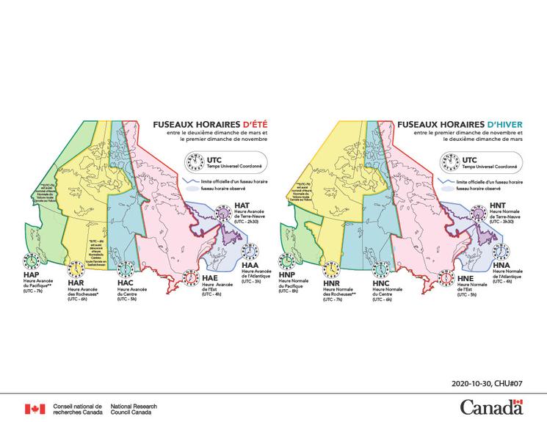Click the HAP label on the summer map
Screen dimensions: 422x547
pos(22,276)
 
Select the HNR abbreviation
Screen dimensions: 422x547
pos(330,281)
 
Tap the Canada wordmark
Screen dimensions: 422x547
pos(491,407)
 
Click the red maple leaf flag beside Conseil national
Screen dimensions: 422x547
pos(35,409)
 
